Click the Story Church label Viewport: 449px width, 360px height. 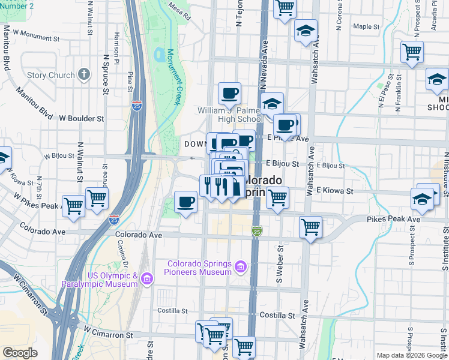[x=50, y=76]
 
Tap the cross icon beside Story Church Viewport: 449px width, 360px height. [x=84, y=76]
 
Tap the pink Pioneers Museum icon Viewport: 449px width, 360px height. [x=240, y=266]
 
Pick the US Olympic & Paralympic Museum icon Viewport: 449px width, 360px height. [x=148, y=278]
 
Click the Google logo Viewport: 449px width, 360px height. [x=20, y=353]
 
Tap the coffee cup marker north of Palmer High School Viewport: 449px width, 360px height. [x=229, y=94]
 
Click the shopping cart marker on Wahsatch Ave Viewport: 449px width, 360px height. [x=310, y=227]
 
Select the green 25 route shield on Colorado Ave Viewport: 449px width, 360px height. [x=256, y=231]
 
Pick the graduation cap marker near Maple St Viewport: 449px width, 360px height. [x=306, y=31]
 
